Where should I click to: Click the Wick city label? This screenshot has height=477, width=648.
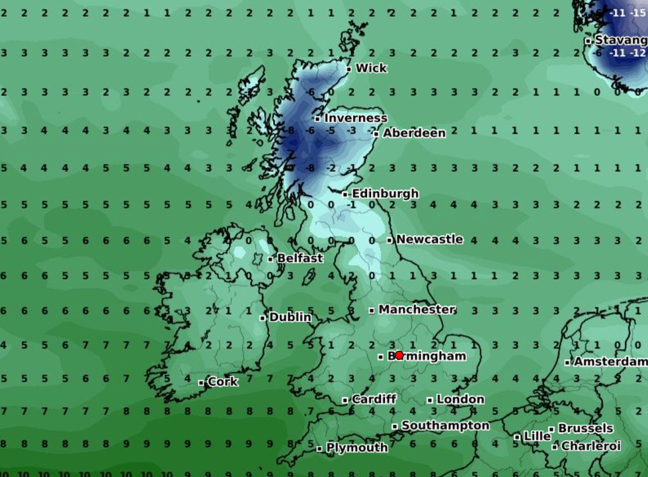click(371, 68)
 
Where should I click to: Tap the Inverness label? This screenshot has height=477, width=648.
click(356, 118)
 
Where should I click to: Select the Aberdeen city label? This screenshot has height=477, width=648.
click(415, 133)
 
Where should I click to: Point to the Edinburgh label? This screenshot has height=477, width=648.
click(385, 194)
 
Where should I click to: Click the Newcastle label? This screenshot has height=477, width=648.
click(430, 239)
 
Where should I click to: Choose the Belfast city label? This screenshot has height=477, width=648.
click(300, 258)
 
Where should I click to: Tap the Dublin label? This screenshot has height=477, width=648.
click(290, 318)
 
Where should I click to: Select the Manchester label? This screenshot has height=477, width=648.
click(417, 309)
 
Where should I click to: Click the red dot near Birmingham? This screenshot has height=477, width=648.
click(399, 355)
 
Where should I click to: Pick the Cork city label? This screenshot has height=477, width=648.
click(222, 382)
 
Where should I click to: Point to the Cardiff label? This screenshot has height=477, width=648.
click(374, 400)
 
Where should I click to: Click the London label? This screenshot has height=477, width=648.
click(460, 400)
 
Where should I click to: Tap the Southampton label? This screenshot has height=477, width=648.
click(445, 425)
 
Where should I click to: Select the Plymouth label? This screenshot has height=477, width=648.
click(357, 448)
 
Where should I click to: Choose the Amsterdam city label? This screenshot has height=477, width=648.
click(610, 362)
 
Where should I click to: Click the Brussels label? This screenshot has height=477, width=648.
click(585, 429)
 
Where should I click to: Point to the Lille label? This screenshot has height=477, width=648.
click(537, 437)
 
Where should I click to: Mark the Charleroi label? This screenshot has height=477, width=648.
click(591, 447)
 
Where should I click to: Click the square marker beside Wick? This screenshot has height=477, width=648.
click(348, 69)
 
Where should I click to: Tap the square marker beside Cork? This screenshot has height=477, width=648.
click(201, 382)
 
